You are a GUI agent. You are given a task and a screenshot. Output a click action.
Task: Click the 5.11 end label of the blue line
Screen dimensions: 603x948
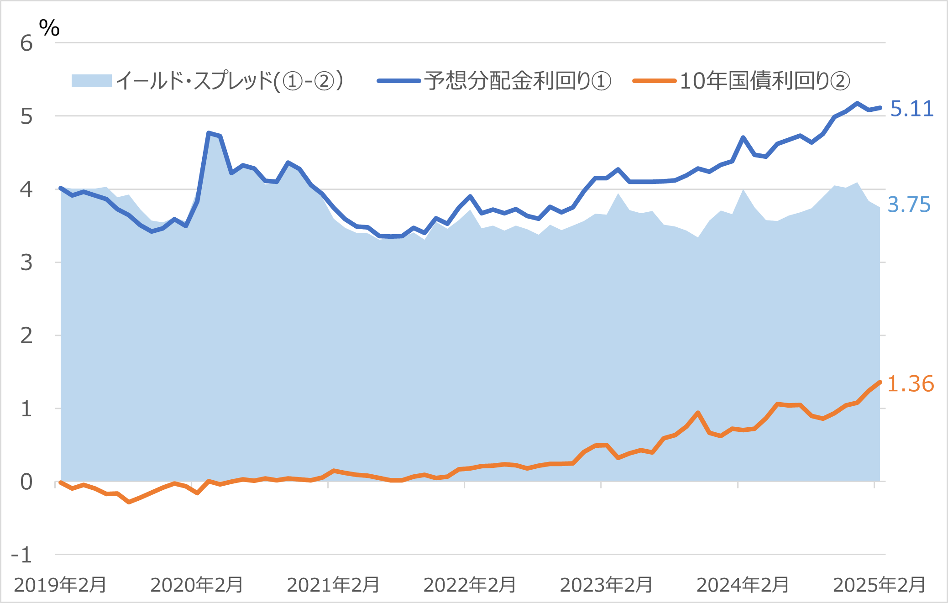pyautogui.click(x=911, y=109)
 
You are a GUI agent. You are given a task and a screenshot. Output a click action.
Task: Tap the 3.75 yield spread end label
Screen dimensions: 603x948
pyautogui.click(x=908, y=204)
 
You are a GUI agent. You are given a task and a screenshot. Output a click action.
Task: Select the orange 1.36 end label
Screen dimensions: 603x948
pyautogui.click(x=910, y=384)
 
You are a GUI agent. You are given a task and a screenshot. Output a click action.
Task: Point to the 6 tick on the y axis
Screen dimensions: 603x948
pyautogui.click(x=26, y=44)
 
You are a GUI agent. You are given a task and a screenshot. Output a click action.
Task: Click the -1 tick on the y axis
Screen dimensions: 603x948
pyautogui.click(x=21, y=556)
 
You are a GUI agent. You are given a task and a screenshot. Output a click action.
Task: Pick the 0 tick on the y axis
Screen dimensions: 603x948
pyautogui.click(x=26, y=482)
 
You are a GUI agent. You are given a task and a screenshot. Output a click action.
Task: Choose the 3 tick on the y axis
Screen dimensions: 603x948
pyautogui.click(x=26, y=263)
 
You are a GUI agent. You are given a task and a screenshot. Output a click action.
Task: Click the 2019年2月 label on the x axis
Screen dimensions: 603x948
pyautogui.click(x=60, y=585)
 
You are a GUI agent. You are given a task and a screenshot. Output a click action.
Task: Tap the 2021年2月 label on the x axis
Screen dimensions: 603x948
pyautogui.click(x=333, y=585)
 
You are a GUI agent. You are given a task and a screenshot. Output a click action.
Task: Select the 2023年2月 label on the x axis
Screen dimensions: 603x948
pyautogui.click(x=606, y=585)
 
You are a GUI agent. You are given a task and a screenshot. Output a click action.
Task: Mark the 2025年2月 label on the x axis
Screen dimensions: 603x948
pyautogui.click(x=879, y=585)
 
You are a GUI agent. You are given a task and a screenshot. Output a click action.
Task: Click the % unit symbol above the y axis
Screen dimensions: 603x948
pyautogui.click(x=49, y=28)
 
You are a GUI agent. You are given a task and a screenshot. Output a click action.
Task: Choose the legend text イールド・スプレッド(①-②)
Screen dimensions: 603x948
pyautogui.click(x=230, y=81)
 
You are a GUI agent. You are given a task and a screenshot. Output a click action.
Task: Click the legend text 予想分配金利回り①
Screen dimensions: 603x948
pyautogui.click(x=517, y=81)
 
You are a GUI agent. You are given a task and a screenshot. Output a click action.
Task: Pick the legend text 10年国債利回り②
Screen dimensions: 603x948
pyautogui.click(x=765, y=81)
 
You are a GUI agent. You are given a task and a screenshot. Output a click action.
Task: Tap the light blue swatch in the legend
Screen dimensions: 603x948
pyautogui.click(x=91, y=81)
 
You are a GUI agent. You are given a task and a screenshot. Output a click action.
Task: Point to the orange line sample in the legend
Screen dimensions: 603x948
pyautogui.click(x=654, y=81)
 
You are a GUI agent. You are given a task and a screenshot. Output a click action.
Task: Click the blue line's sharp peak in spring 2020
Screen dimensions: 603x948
pyautogui.click(x=209, y=133)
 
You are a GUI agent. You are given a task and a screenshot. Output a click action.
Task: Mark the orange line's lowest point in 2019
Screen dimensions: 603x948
pyautogui.click(x=129, y=502)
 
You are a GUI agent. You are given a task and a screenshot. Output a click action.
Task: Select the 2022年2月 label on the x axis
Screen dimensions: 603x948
pyautogui.click(x=469, y=585)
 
